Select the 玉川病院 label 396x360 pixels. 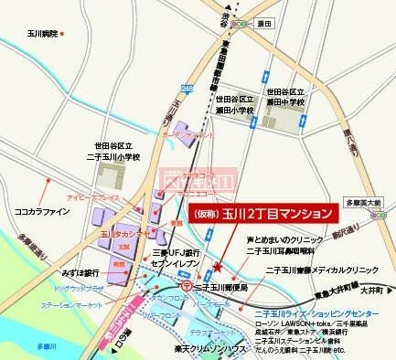tap(37, 34)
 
